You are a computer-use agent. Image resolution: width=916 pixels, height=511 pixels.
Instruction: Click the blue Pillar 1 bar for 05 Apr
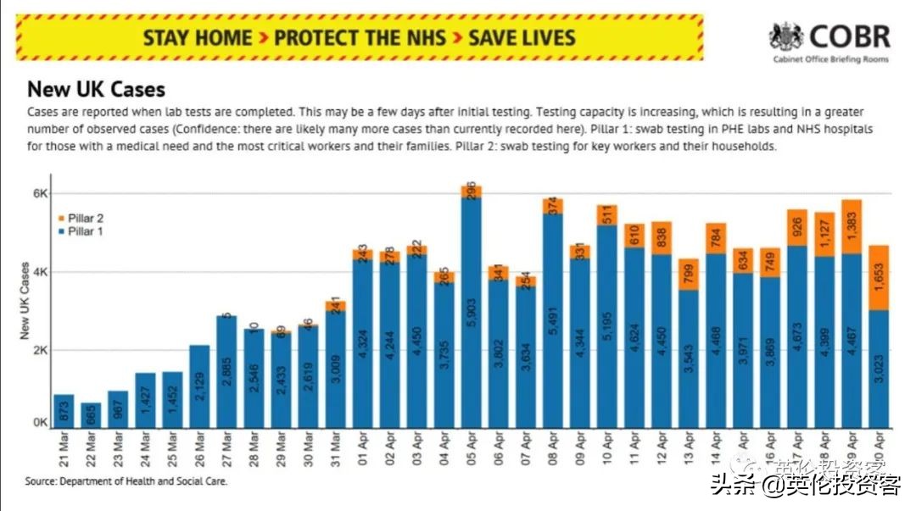[471, 314]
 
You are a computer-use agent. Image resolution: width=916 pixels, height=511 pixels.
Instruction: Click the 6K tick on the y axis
[40, 193]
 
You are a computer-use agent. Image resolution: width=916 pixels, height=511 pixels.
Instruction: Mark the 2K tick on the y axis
[40, 350]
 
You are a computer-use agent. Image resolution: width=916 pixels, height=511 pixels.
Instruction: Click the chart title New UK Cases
[96, 89]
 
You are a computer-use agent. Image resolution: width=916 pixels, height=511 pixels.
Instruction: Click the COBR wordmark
[849, 36]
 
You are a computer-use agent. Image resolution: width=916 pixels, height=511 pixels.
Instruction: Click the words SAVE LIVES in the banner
[522, 38]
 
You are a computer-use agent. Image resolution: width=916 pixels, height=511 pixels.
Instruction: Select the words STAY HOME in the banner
[198, 38]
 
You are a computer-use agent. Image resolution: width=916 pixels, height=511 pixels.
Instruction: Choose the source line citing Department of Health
[126, 481]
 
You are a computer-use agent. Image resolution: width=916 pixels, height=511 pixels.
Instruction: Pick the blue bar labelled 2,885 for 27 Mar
[226, 373]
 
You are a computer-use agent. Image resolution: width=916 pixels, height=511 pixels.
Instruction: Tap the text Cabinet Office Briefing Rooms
[831, 60]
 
